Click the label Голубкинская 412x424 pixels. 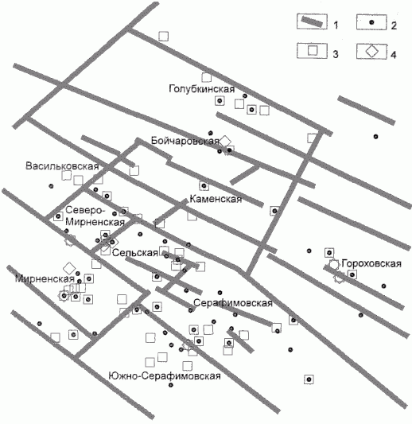202,88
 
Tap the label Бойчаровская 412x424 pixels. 185,141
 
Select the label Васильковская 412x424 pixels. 62,165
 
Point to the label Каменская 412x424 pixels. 216,199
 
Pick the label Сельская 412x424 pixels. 135,253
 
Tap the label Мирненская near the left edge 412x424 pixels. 45,278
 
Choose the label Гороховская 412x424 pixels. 371,263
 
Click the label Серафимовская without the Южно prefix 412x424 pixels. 233,303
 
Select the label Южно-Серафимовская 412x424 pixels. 165,375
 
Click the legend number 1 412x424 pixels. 336,25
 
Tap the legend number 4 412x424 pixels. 394,55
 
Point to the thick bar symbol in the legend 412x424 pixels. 312,21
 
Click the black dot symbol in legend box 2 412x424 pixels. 371,22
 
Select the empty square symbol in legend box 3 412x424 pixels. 313,51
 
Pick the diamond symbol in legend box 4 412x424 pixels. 372,51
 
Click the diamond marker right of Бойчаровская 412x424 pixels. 225,141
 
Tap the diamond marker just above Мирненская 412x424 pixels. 69,268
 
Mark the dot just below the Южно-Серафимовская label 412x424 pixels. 170,385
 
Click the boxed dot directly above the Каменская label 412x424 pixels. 204,186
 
